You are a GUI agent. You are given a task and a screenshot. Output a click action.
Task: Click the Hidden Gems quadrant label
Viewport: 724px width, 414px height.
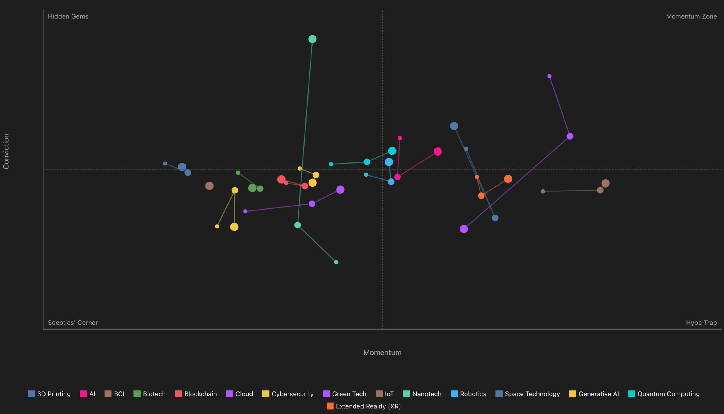pos(68,16)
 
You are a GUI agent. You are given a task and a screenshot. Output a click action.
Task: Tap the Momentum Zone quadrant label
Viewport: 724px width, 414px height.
pos(691,16)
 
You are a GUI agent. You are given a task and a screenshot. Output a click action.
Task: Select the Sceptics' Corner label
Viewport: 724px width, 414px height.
pos(73,323)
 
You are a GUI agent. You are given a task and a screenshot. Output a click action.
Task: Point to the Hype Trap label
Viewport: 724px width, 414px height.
pos(701,323)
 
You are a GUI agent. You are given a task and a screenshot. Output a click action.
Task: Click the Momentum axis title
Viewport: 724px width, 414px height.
pos(382,353)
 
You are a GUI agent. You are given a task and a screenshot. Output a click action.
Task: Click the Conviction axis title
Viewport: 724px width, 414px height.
pos(6,151)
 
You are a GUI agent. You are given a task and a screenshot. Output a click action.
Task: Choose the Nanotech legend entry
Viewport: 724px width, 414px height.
pos(422,394)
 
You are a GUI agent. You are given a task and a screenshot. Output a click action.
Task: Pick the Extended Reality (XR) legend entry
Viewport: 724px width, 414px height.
pos(364,406)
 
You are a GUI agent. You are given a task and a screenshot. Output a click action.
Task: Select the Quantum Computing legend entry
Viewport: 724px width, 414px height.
pos(664,394)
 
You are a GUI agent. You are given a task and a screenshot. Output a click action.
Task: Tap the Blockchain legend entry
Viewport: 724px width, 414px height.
pos(196,394)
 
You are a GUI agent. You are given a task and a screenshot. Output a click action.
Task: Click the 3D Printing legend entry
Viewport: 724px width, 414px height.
pos(49,394)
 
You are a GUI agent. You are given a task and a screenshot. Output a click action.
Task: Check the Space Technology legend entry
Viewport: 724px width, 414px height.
pos(527,394)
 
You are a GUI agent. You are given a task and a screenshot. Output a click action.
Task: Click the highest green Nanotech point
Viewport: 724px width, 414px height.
pos(312,39)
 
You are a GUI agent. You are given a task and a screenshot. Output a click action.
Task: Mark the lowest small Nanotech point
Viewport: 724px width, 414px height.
pos(336,262)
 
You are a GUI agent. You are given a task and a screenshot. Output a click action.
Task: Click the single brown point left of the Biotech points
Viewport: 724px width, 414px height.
pos(209,186)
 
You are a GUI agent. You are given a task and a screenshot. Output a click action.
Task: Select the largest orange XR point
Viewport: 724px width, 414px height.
pos(508,179)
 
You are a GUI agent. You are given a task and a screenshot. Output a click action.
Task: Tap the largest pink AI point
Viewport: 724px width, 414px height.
pos(438,152)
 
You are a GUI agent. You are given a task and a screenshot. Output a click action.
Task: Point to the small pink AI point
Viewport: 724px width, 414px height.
pos(400,138)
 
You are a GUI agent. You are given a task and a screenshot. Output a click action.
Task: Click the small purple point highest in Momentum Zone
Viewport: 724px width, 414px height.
pos(549,76)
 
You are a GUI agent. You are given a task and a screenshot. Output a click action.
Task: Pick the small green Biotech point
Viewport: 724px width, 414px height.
pos(238,173)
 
